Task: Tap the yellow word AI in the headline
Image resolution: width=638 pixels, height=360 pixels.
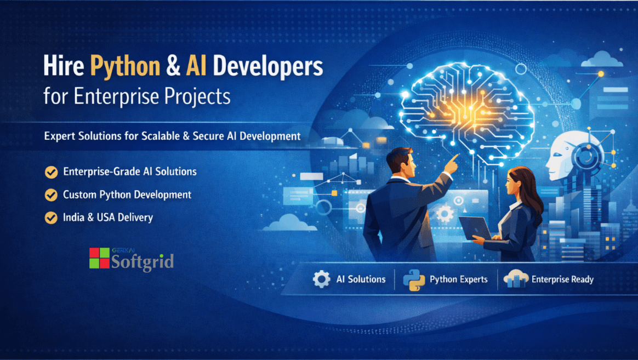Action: click(196, 66)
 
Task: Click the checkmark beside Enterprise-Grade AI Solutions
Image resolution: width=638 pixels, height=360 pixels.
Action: click(52, 172)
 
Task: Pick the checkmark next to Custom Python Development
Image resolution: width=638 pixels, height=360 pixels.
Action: click(52, 195)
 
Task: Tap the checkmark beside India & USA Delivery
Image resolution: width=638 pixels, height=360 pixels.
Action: click(52, 218)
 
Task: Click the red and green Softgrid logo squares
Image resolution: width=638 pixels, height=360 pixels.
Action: click(99, 258)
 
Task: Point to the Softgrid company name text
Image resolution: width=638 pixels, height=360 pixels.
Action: click(143, 261)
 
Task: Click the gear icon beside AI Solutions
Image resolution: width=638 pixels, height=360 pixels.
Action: click(321, 279)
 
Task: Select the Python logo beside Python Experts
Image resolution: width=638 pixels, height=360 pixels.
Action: click(414, 280)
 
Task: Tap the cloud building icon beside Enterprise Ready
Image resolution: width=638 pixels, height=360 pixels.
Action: click(516, 279)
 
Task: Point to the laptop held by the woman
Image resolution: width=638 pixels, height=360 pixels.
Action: click(475, 228)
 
